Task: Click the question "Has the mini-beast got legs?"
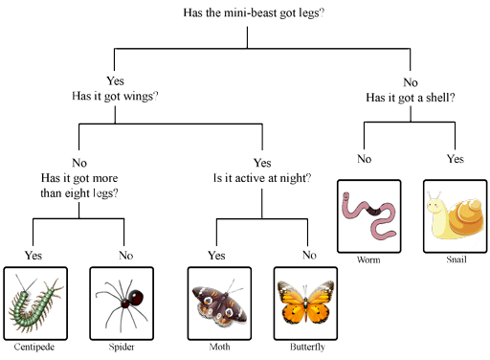254,13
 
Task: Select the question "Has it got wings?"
115,96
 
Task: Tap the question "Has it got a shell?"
411,98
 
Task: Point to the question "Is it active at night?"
262,178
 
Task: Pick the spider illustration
122,304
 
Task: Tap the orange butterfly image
305,303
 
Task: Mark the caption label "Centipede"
34,347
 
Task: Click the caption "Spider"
122,347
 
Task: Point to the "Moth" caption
219,347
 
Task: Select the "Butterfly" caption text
307,347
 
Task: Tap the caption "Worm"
368,259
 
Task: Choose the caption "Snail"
457,259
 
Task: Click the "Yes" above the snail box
456,159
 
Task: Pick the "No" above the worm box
365,159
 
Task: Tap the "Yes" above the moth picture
216,256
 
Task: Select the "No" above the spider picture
126,256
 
